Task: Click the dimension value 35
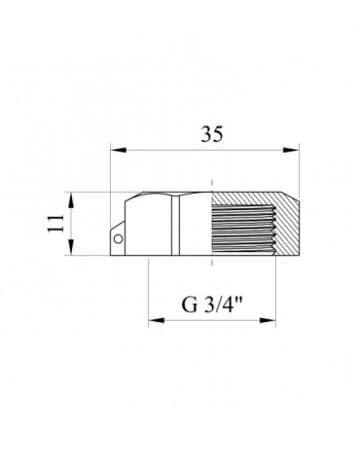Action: click(212, 134)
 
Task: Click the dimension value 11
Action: click(55, 223)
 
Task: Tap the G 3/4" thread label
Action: click(212, 305)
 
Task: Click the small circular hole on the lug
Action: click(118, 239)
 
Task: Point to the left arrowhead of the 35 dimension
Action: click(119, 150)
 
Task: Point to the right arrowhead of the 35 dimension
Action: click(291, 150)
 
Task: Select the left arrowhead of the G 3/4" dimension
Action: click(157, 320)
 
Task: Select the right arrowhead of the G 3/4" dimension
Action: click(268, 320)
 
